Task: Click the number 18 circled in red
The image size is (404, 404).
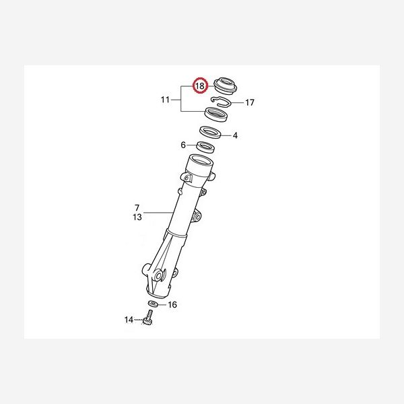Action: pyautogui.click(x=200, y=86)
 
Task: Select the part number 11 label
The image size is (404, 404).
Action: pyautogui.click(x=165, y=100)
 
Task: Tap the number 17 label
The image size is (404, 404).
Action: pyautogui.click(x=249, y=102)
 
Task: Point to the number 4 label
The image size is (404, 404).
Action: pyautogui.click(x=235, y=135)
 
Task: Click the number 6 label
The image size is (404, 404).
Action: pyautogui.click(x=183, y=145)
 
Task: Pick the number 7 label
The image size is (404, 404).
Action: pyautogui.click(x=137, y=207)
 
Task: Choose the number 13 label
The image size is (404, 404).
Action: pyautogui.click(x=137, y=217)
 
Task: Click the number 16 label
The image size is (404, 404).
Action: pyautogui.click(x=172, y=305)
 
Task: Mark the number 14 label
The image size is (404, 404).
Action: pyautogui.click(x=129, y=320)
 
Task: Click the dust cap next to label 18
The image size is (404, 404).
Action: pyautogui.click(x=226, y=86)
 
